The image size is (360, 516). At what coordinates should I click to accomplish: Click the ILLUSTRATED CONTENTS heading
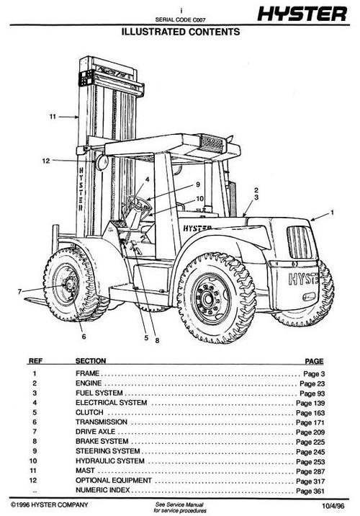click(x=179, y=32)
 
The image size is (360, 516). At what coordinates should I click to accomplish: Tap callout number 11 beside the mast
click(x=51, y=115)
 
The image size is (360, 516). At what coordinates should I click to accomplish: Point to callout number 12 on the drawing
click(x=45, y=160)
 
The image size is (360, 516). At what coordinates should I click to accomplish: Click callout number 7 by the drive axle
click(x=19, y=291)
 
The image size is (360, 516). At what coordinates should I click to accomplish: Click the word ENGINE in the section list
click(x=89, y=383)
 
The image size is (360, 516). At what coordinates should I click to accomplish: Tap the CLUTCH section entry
click(x=89, y=412)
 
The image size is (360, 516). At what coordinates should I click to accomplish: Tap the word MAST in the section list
click(x=85, y=469)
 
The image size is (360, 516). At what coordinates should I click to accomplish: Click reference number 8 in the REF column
click(x=35, y=441)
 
